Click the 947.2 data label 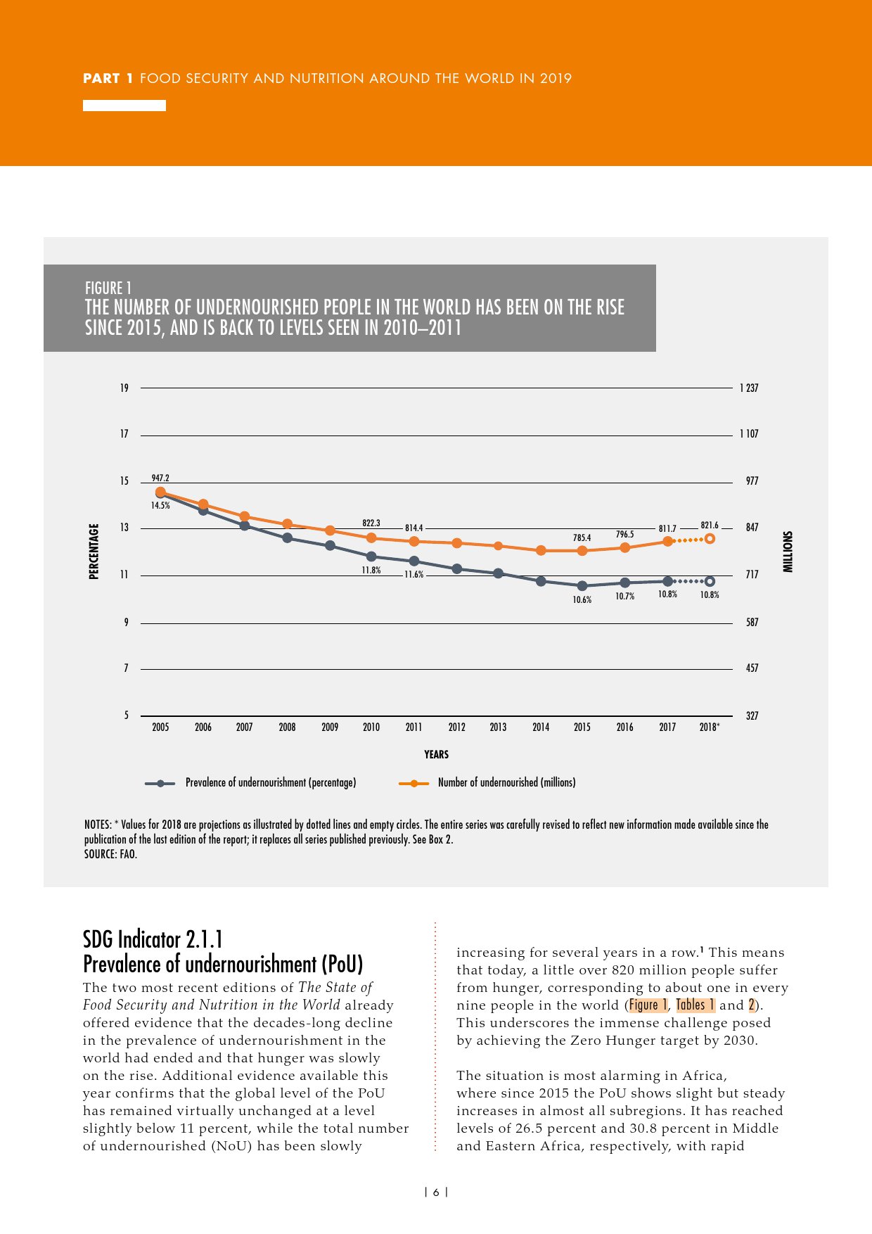160,478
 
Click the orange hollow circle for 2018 710,539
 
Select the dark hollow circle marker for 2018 710,581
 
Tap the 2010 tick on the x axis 371,727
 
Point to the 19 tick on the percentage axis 124,388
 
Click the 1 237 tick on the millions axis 749,388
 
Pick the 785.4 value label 582,538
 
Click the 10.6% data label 582,600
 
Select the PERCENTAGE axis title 94,552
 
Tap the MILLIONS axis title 788,552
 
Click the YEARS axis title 436,754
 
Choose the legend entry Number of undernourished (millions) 506,782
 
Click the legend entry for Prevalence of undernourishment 271,782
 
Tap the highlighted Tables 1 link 695,1005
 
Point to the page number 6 436,1192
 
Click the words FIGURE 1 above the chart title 108,288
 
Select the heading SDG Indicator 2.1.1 153,939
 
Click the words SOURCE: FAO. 110,854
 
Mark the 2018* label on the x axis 710,727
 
